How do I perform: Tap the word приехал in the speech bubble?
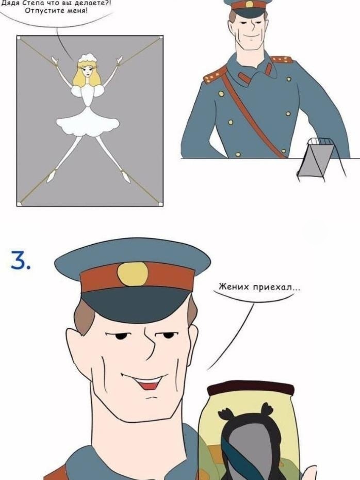[x=272, y=288]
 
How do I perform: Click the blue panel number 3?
[x=20, y=260]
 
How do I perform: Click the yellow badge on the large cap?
[x=133, y=274]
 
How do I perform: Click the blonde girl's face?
[x=87, y=71]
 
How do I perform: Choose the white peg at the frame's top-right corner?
[x=160, y=38]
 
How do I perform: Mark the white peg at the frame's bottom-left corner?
[x=19, y=203]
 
